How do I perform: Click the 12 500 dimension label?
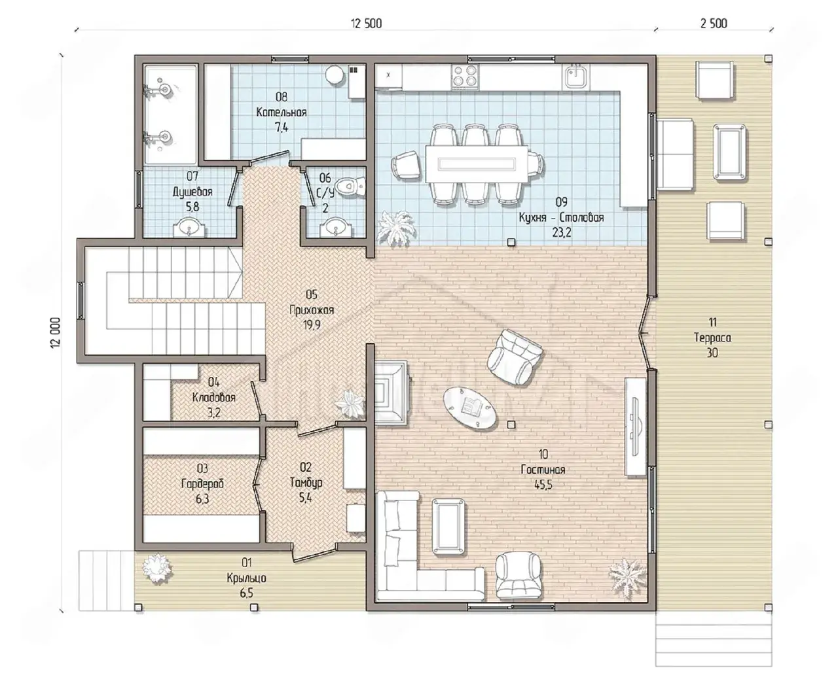tap(366, 24)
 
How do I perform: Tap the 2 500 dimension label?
tap(714, 24)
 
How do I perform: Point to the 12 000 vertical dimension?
tap(56, 333)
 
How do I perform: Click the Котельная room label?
tap(282, 113)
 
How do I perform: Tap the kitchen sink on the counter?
tap(575, 77)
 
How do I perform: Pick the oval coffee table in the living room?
tap(469, 408)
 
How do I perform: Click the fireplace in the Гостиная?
tap(392, 393)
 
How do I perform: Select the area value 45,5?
tap(543, 485)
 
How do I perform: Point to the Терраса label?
tap(712, 338)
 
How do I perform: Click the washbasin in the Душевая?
tap(190, 228)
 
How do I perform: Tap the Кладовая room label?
tap(214, 398)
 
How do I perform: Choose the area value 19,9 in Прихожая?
tap(312, 325)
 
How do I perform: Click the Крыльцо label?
tap(246, 578)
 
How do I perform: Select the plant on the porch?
tap(158, 567)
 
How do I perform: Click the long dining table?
tap(477, 164)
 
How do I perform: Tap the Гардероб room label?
tap(202, 483)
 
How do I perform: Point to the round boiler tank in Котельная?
tap(334, 75)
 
